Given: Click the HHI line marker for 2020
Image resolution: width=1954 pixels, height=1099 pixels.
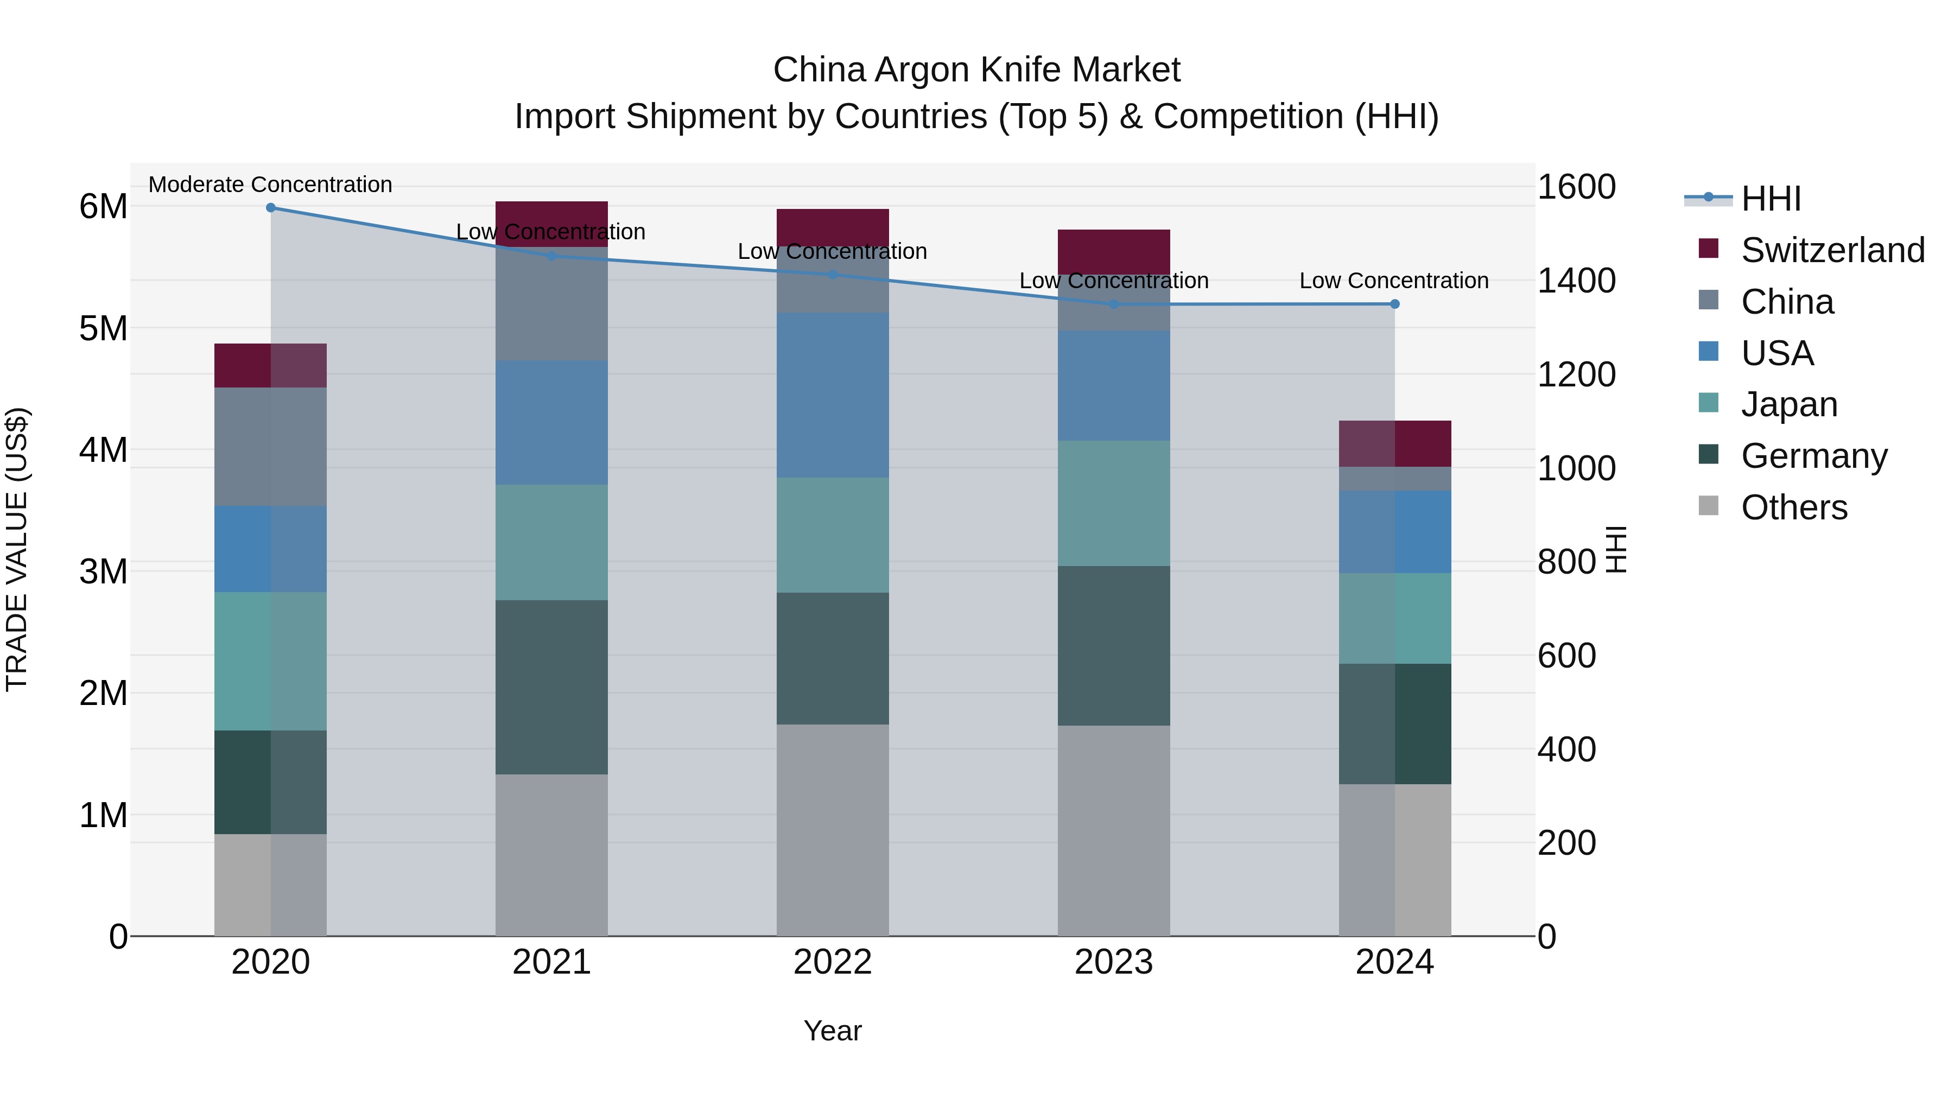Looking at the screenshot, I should (271, 208).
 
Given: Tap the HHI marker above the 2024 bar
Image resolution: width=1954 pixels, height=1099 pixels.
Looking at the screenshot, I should (1394, 304).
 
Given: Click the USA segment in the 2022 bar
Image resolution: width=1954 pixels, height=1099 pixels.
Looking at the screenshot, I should (832, 395).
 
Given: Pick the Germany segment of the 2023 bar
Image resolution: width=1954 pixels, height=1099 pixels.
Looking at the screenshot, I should (1114, 645).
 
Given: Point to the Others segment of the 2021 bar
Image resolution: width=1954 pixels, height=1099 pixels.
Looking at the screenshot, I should (551, 855).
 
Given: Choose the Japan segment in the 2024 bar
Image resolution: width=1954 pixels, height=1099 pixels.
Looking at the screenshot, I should (1394, 618).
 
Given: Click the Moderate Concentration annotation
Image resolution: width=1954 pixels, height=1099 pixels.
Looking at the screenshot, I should (270, 185).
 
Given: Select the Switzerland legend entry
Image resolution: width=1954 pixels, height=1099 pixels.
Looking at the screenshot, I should (1832, 250).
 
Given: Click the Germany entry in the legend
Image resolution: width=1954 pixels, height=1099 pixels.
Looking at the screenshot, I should (1813, 456).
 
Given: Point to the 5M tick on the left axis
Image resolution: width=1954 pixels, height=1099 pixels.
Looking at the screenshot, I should (103, 328).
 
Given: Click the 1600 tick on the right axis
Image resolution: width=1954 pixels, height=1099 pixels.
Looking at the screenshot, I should (1576, 187).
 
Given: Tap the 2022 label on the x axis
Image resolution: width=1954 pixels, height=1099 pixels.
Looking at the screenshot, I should (832, 962).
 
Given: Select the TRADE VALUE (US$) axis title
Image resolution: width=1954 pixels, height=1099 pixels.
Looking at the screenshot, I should (17, 549).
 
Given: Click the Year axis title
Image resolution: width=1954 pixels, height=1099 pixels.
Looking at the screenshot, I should (832, 1031).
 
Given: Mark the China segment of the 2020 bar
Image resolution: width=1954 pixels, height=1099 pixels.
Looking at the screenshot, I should (271, 447).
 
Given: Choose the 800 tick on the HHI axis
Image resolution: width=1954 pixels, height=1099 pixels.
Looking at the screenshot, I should (1567, 562).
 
